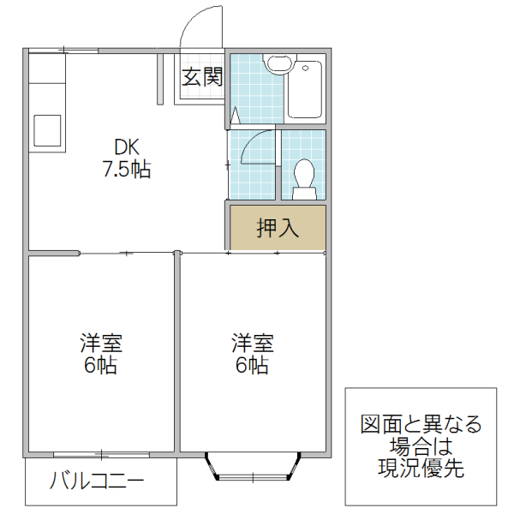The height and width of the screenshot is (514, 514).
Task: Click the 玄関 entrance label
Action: [202, 78]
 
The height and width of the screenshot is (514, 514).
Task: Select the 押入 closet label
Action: [278, 228]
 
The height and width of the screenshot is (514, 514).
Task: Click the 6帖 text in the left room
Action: [101, 367]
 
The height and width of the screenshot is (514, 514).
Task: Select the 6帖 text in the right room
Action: [253, 367]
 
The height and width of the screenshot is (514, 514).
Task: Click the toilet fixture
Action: [304, 176]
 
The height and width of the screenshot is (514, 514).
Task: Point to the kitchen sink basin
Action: [45, 131]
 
